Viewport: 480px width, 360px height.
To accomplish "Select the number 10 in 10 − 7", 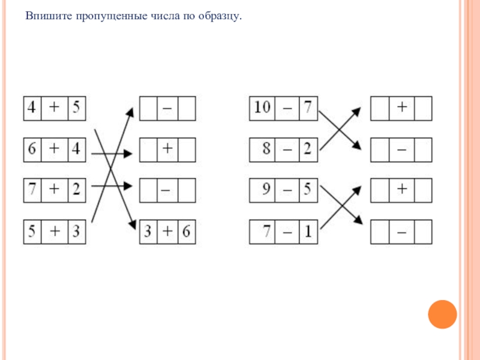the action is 262,108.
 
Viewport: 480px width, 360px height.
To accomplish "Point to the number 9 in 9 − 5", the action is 266,190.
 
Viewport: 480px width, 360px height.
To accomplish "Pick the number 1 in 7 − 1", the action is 307,232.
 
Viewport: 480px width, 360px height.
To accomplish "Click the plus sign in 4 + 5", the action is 54,108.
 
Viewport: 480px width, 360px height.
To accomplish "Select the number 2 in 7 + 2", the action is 76,190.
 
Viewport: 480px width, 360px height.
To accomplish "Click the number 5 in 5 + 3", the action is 32,232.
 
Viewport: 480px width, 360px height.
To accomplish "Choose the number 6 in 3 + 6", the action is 186,232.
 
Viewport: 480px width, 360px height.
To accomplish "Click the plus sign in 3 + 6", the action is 168,232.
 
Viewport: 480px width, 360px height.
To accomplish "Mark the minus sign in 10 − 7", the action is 288,108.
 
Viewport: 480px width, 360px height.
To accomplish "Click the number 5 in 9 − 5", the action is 307,190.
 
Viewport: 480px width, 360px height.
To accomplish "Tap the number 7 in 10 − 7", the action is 307,108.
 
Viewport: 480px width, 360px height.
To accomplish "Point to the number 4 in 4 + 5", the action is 32,108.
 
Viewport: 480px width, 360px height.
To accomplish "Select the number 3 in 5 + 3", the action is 76,232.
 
